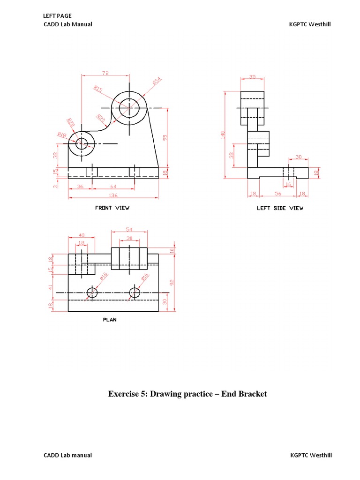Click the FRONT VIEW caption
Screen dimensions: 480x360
click(112, 208)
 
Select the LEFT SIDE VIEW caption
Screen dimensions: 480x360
click(280, 208)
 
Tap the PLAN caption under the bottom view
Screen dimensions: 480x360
click(109, 320)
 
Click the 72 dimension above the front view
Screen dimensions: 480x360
click(105, 73)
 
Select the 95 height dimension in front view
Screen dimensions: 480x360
click(165, 138)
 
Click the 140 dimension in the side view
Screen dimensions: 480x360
click(223, 135)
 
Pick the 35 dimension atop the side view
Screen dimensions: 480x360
click(252, 76)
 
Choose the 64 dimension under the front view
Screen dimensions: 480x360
click(113, 187)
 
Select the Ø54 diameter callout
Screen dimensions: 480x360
click(157, 81)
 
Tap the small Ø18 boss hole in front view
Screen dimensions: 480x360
click(82, 143)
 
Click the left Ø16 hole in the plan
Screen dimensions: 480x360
click(92, 293)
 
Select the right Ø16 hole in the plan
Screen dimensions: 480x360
click(135, 293)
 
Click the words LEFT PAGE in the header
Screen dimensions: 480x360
click(57, 16)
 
